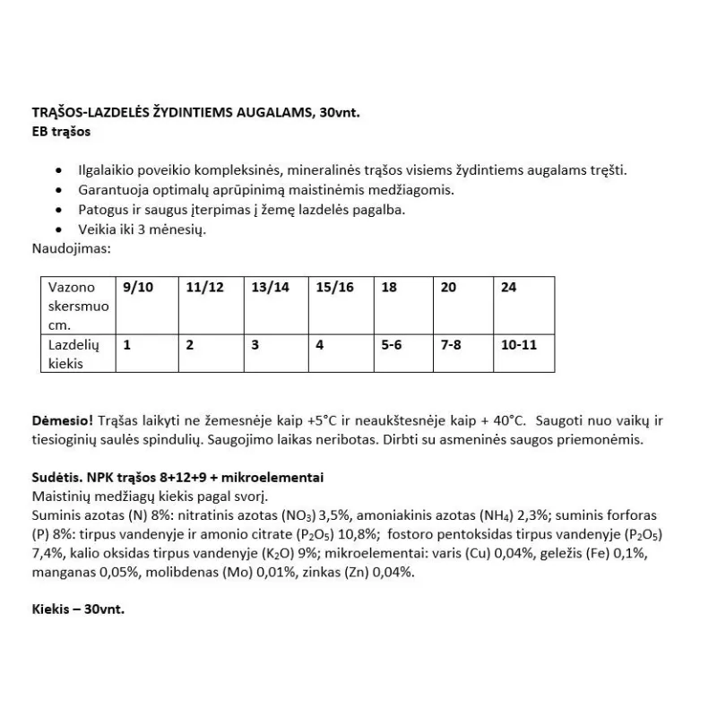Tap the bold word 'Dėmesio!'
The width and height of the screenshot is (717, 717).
pyautogui.click(x=61, y=420)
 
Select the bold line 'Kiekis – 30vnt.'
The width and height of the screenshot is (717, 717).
pyautogui.click(x=78, y=608)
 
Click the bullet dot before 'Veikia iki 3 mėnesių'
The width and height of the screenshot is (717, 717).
pyautogui.click(x=59, y=229)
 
